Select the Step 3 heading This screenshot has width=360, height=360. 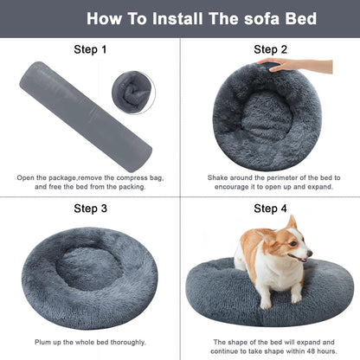point(91,209)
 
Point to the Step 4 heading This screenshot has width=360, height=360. point(271,209)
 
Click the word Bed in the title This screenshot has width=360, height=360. point(299,18)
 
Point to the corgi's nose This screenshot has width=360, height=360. point(310,257)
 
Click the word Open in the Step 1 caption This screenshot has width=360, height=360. point(27,177)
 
